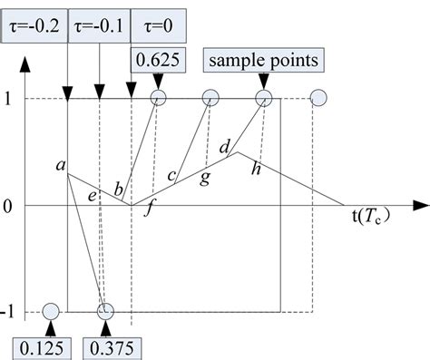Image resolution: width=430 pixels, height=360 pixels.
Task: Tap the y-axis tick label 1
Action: click(x=8, y=98)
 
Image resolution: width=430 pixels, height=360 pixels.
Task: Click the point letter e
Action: click(x=93, y=193)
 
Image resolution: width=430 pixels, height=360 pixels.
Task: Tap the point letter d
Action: click(x=225, y=143)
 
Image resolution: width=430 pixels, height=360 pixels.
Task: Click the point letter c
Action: click(x=172, y=174)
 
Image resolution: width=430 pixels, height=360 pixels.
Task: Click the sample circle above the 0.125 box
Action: click(x=50, y=312)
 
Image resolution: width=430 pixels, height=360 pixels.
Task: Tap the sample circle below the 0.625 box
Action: click(x=159, y=98)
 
